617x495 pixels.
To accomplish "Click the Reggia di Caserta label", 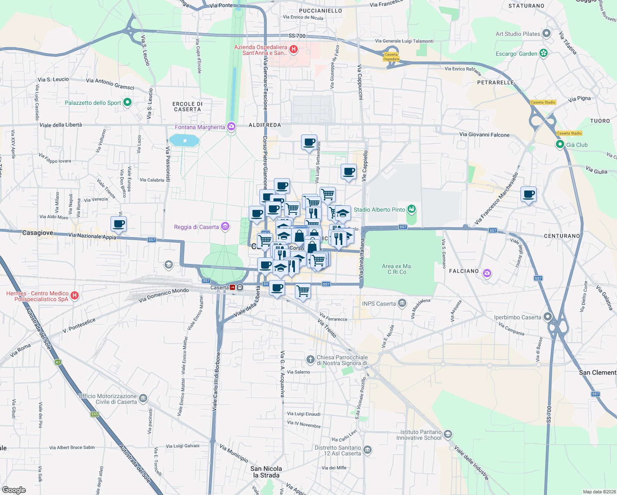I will click(x=196, y=227).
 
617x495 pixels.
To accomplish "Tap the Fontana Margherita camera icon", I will click(x=231, y=126).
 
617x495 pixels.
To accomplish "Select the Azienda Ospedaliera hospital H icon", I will click(x=294, y=49).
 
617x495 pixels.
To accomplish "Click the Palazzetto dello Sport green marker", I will click(x=127, y=102).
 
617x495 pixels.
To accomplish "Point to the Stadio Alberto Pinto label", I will click(x=379, y=210).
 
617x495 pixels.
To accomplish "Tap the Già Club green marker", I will click(x=560, y=144).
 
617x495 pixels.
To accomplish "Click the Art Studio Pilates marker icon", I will click(x=546, y=33).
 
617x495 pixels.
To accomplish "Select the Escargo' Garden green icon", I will click(x=544, y=53).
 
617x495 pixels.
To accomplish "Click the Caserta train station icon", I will click(x=233, y=287).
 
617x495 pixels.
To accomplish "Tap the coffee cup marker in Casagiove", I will click(x=119, y=224).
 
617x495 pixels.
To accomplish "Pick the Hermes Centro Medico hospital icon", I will click(x=75, y=295).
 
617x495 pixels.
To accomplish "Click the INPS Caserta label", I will click(x=379, y=304).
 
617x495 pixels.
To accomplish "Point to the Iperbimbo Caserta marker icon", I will click(x=548, y=317).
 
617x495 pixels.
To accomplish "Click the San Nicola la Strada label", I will click(x=266, y=472).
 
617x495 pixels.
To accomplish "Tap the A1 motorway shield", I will click(x=58, y=362).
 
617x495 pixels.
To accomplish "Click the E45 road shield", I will click(x=95, y=414).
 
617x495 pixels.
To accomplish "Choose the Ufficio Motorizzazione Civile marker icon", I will click(x=143, y=398).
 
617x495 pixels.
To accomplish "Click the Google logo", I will click(x=14, y=490).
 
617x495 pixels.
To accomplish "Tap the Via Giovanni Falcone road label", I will click(x=484, y=134).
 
